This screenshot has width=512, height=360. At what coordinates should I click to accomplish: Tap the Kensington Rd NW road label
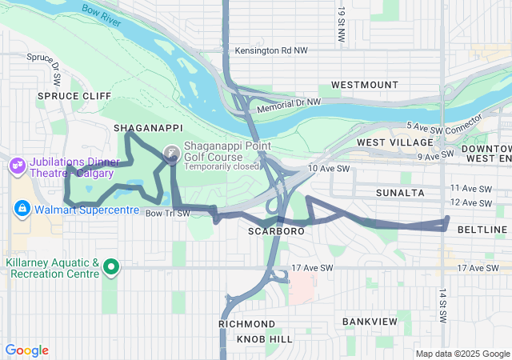[x=272, y=50]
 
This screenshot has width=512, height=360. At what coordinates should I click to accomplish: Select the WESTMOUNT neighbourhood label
[x=364, y=84]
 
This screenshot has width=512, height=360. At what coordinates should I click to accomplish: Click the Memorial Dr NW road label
[x=288, y=104]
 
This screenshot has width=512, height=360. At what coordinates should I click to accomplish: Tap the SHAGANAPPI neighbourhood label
[x=149, y=128]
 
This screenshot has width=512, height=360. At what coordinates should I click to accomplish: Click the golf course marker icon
[x=172, y=153]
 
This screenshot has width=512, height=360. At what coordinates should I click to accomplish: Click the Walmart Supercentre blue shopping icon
[x=22, y=209]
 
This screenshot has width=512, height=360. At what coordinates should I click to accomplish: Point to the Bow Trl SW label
[x=168, y=213]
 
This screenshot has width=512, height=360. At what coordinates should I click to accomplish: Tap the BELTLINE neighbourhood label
[x=482, y=230]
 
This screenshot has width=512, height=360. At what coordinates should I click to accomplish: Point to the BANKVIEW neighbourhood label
[x=370, y=321]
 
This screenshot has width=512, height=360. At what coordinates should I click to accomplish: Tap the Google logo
[x=26, y=350]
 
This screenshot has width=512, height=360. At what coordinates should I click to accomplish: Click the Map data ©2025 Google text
[x=462, y=354]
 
